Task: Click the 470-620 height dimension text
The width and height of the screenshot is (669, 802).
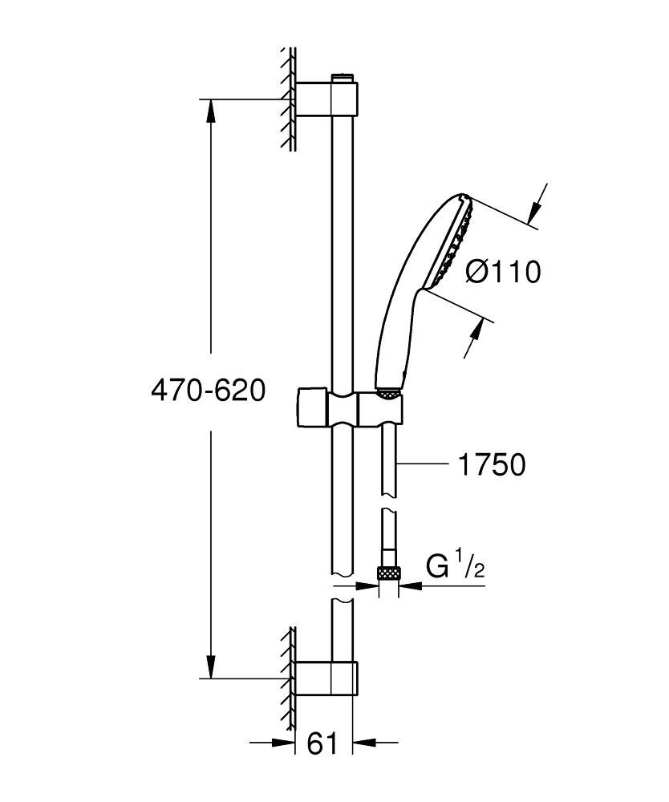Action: click(x=208, y=391)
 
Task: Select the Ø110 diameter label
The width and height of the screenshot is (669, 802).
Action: click(x=504, y=272)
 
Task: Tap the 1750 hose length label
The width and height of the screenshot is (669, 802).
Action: click(x=492, y=464)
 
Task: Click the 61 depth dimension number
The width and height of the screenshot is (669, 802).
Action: click(x=322, y=744)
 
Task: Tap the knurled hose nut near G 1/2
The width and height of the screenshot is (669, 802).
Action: click(x=388, y=573)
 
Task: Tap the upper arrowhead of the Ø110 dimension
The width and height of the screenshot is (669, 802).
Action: click(x=532, y=211)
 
